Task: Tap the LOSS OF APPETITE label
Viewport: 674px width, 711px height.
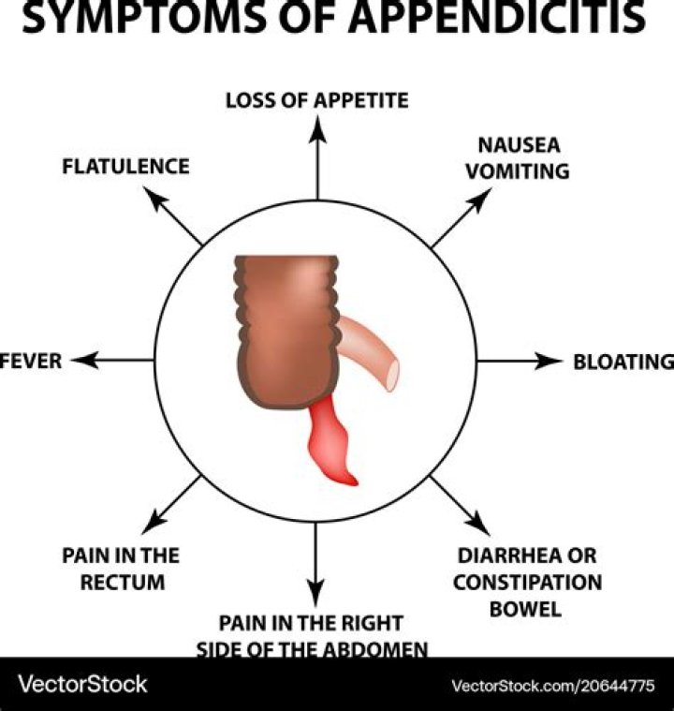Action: point(317,100)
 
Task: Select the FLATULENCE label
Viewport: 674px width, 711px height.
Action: point(125,166)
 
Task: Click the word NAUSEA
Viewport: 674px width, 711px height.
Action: point(519,145)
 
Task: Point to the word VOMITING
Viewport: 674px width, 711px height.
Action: point(517,171)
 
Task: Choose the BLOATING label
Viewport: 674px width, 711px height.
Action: point(623,362)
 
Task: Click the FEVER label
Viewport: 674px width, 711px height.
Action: point(30,361)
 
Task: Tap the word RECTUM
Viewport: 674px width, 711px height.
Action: point(123,583)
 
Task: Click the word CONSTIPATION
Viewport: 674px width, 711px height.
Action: point(527,583)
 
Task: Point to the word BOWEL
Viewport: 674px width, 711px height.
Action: point(525,609)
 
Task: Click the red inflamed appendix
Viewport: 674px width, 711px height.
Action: point(330,442)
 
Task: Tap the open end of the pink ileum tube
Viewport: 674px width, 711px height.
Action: point(392,375)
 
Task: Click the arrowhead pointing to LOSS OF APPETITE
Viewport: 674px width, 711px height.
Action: point(317,129)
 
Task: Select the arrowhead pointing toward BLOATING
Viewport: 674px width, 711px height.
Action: point(549,361)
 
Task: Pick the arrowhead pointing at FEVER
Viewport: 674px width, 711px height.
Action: point(84,361)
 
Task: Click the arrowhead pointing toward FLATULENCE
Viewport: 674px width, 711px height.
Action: point(154,199)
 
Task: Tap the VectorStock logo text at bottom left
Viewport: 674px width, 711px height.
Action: point(82,684)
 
